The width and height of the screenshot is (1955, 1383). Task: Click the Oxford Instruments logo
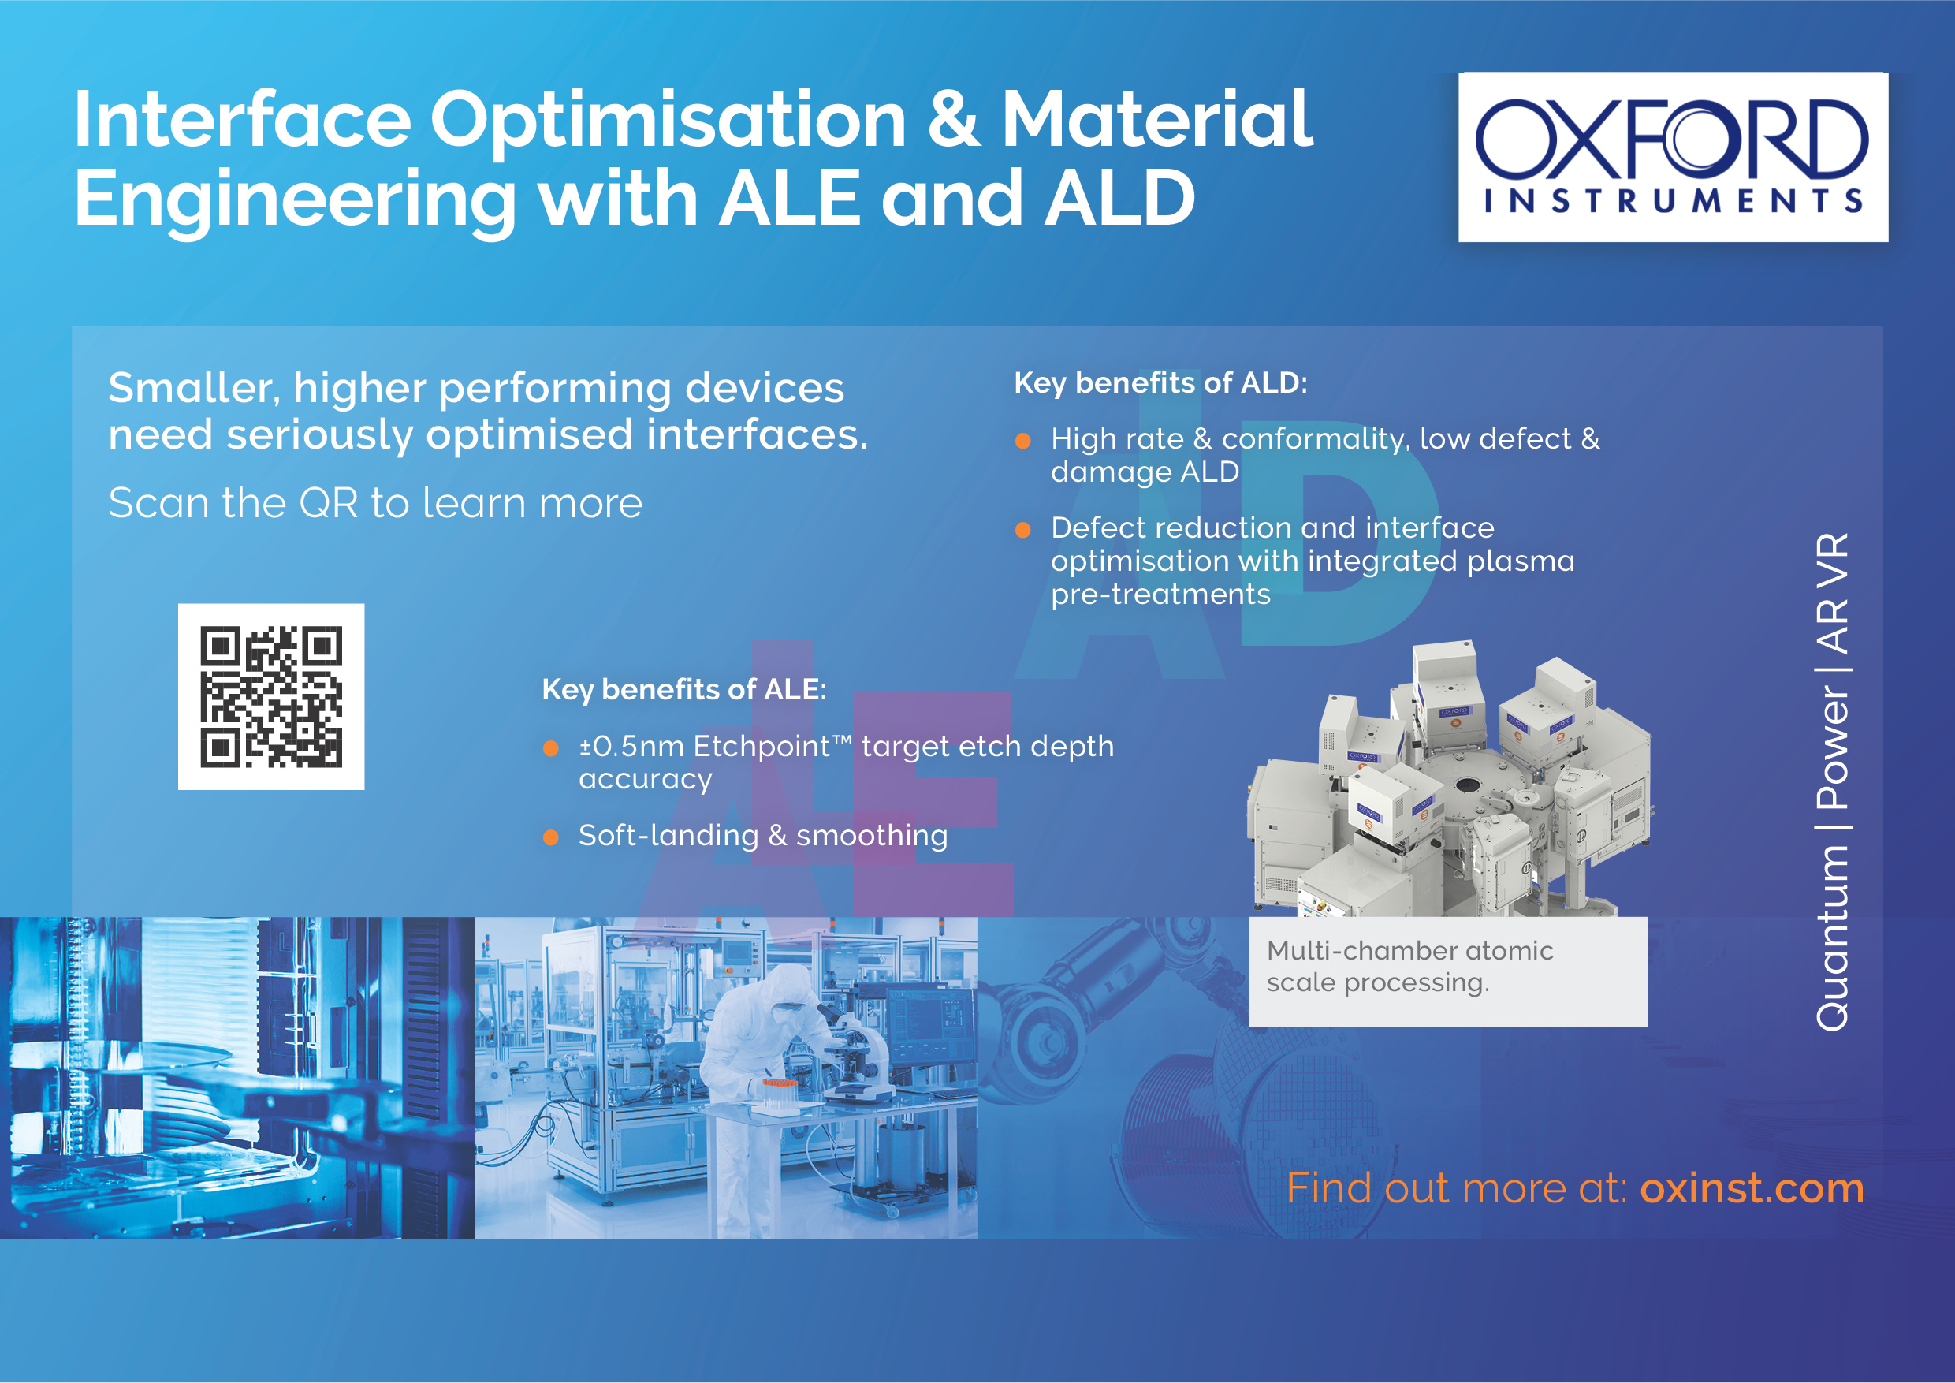coord(1673,157)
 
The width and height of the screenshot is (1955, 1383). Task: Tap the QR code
coord(270,696)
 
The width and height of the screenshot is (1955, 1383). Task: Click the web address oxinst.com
coord(1752,1188)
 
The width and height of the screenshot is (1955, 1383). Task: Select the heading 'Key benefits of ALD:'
coord(1160,383)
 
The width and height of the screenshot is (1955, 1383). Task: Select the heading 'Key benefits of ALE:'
coord(684,689)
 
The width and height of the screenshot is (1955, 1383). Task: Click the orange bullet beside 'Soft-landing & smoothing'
coord(551,838)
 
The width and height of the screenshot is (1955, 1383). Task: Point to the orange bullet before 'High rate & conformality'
coord(1023,441)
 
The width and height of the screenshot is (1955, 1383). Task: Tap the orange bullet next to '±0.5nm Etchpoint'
coord(551,748)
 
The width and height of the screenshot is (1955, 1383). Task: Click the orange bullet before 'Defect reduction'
coord(1023,531)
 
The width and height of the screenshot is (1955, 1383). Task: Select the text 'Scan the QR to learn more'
coord(375,502)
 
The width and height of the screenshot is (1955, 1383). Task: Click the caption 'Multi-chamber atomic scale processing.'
coord(1410,967)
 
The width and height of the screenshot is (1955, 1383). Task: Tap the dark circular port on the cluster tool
coord(1466,784)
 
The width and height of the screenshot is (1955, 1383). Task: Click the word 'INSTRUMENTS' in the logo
coord(1673,201)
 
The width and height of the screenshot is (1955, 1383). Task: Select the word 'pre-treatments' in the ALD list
coord(1160,595)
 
